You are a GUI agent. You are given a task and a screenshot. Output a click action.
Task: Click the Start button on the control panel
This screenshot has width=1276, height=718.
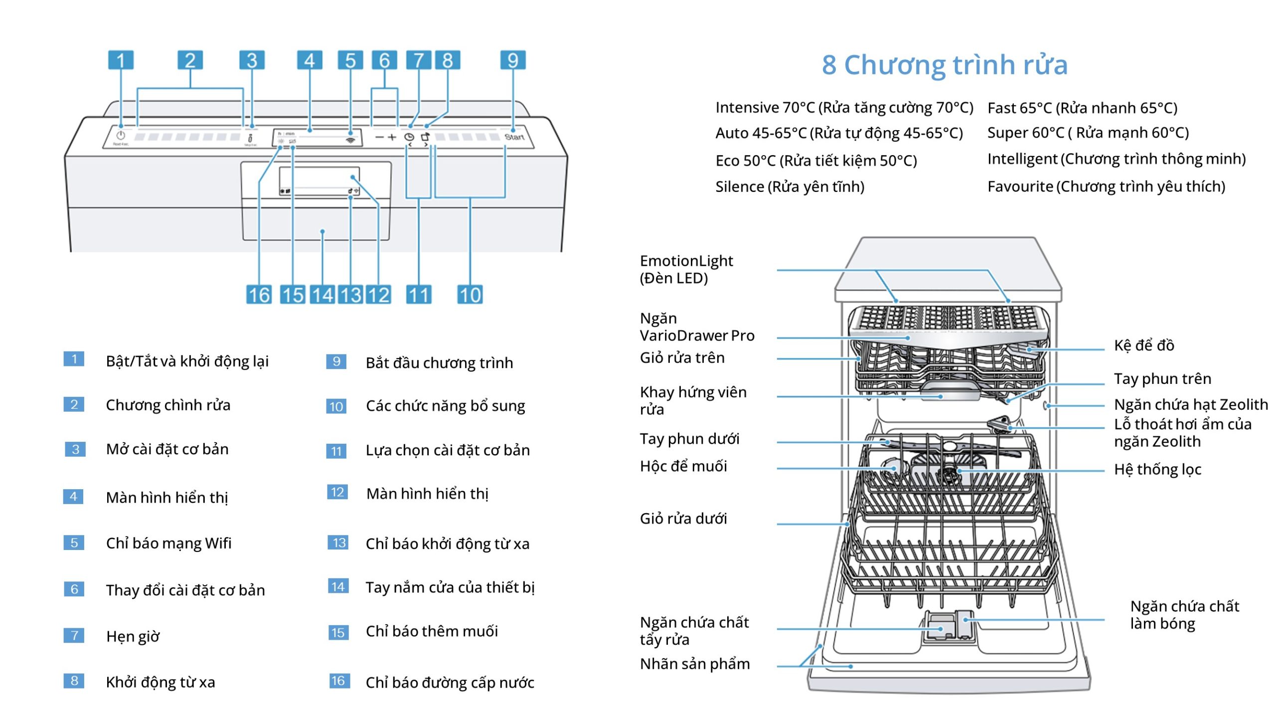514,137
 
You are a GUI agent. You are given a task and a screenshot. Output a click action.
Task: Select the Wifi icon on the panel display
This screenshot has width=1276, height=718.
351,140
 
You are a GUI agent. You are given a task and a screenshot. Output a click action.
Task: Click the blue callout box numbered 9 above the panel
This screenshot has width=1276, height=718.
512,60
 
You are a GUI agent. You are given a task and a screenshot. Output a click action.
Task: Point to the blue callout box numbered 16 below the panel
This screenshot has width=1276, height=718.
259,295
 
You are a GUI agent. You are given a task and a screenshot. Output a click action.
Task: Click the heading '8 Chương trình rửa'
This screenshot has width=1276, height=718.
945,65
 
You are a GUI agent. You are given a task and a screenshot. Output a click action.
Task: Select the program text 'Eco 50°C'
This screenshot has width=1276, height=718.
745,161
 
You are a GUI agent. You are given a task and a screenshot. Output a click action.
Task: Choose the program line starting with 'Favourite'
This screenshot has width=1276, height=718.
1106,186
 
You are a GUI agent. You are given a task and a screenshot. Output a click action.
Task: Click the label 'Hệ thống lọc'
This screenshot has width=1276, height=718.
1157,469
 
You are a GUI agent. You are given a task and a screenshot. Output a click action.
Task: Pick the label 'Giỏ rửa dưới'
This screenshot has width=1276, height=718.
683,519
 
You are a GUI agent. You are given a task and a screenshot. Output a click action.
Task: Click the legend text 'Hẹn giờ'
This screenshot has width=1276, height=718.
133,636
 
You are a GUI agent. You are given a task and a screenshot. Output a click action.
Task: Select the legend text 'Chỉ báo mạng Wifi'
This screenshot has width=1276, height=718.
168,543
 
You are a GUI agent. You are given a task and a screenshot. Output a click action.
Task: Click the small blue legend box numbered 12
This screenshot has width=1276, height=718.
337,493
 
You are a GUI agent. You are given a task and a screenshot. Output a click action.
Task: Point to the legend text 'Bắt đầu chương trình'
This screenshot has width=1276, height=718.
439,362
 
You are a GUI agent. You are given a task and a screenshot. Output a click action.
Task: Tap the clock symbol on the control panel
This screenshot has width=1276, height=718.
409,137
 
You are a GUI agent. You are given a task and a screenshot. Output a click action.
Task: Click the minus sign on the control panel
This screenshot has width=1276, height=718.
380,137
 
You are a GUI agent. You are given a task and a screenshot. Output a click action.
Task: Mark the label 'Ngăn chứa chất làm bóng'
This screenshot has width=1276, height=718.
1184,615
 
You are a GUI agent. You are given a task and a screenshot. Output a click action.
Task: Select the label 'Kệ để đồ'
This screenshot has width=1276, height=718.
1143,345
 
